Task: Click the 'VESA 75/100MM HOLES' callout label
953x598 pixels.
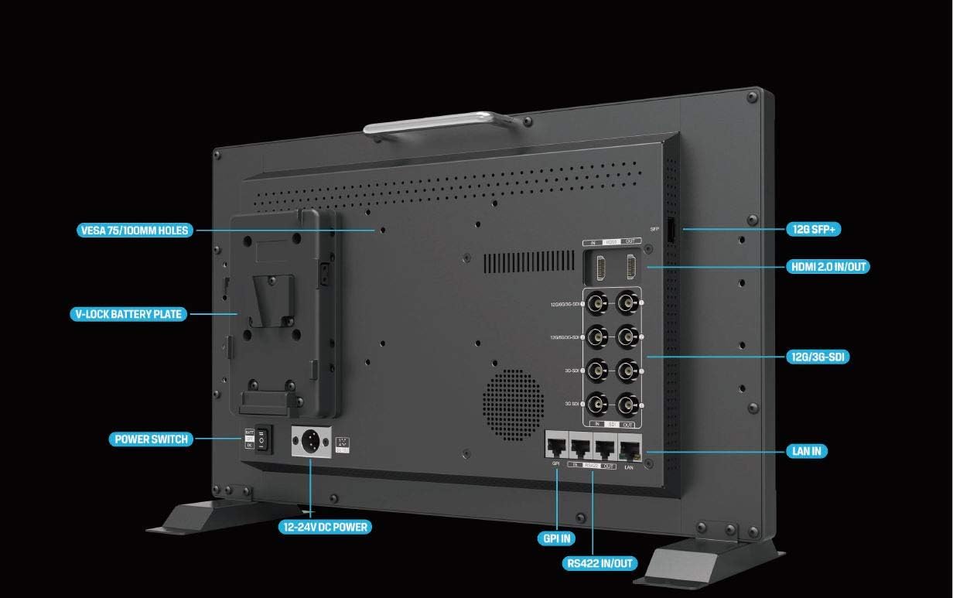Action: pos(134,231)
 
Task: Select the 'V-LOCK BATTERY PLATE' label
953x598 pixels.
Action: pos(128,314)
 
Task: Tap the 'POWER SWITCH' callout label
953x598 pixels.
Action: pos(151,439)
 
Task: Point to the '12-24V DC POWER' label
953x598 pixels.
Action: pos(325,527)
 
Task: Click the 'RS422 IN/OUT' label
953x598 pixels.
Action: pos(600,563)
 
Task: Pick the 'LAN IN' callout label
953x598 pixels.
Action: pos(806,450)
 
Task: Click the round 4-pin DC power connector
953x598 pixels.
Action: pos(310,442)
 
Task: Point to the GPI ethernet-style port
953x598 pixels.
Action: pos(555,446)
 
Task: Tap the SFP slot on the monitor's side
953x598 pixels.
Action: pos(671,229)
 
